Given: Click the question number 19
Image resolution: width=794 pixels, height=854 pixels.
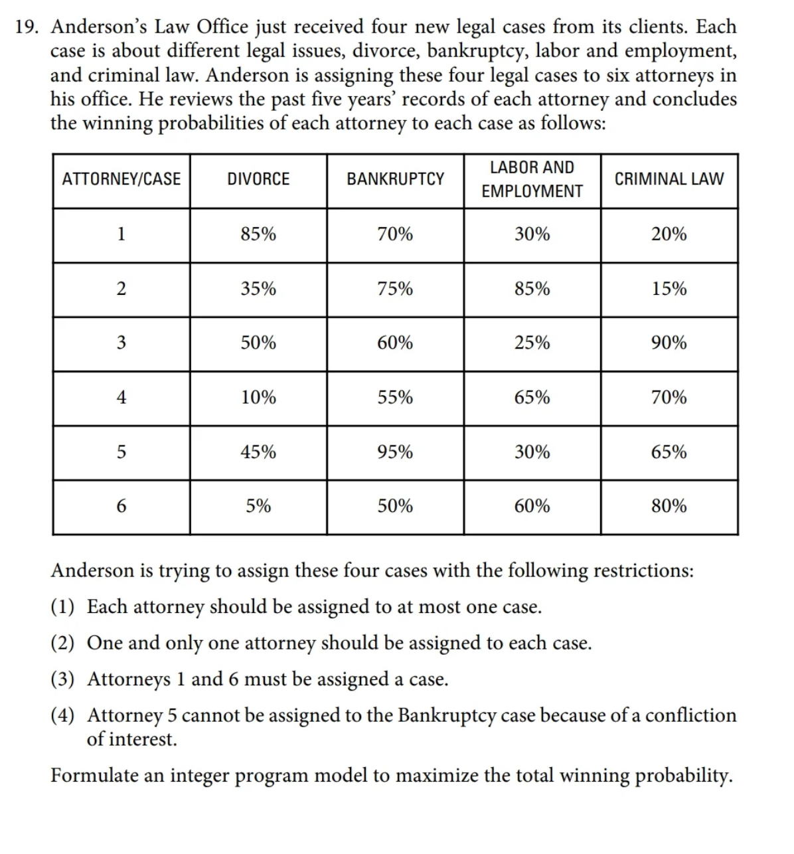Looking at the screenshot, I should tap(28, 27).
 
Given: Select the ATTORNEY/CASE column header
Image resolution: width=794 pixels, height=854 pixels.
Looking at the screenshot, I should tap(121, 179).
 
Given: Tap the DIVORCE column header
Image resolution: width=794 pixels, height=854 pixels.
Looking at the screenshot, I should tap(258, 179).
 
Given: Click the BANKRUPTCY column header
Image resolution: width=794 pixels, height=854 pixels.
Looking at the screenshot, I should tap(395, 179).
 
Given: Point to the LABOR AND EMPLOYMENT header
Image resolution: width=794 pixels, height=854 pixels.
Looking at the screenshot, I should tap(532, 179).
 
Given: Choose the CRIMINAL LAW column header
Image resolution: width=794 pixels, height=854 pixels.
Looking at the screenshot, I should tap(669, 179).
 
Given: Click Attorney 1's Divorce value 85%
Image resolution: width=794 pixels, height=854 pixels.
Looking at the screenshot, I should tap(258, 234).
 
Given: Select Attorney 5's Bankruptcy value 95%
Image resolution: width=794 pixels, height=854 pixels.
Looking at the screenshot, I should tap(395, 452).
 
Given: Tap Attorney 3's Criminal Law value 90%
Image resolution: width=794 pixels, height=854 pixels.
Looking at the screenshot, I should tap(669, 343).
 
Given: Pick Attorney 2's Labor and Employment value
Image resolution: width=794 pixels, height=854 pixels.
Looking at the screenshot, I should tap(532, 289).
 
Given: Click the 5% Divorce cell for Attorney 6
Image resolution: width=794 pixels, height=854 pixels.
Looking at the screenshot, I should tap(258, 507).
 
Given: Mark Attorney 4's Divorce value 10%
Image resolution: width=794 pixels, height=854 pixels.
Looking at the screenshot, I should tap(258, 398).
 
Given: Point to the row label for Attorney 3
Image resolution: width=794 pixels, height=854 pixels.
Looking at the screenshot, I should tap(121, 343).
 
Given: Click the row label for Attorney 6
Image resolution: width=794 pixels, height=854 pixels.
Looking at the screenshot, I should tap(121, 507).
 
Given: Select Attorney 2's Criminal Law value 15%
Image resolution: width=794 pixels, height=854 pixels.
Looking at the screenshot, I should tap(669, 289).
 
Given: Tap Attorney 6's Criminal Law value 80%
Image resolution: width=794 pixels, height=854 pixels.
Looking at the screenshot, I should tap(669, 507).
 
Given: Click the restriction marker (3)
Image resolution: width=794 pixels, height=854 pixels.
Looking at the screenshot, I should tap(63, 679).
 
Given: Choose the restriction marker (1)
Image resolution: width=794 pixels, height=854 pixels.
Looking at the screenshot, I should tap(63, 607).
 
